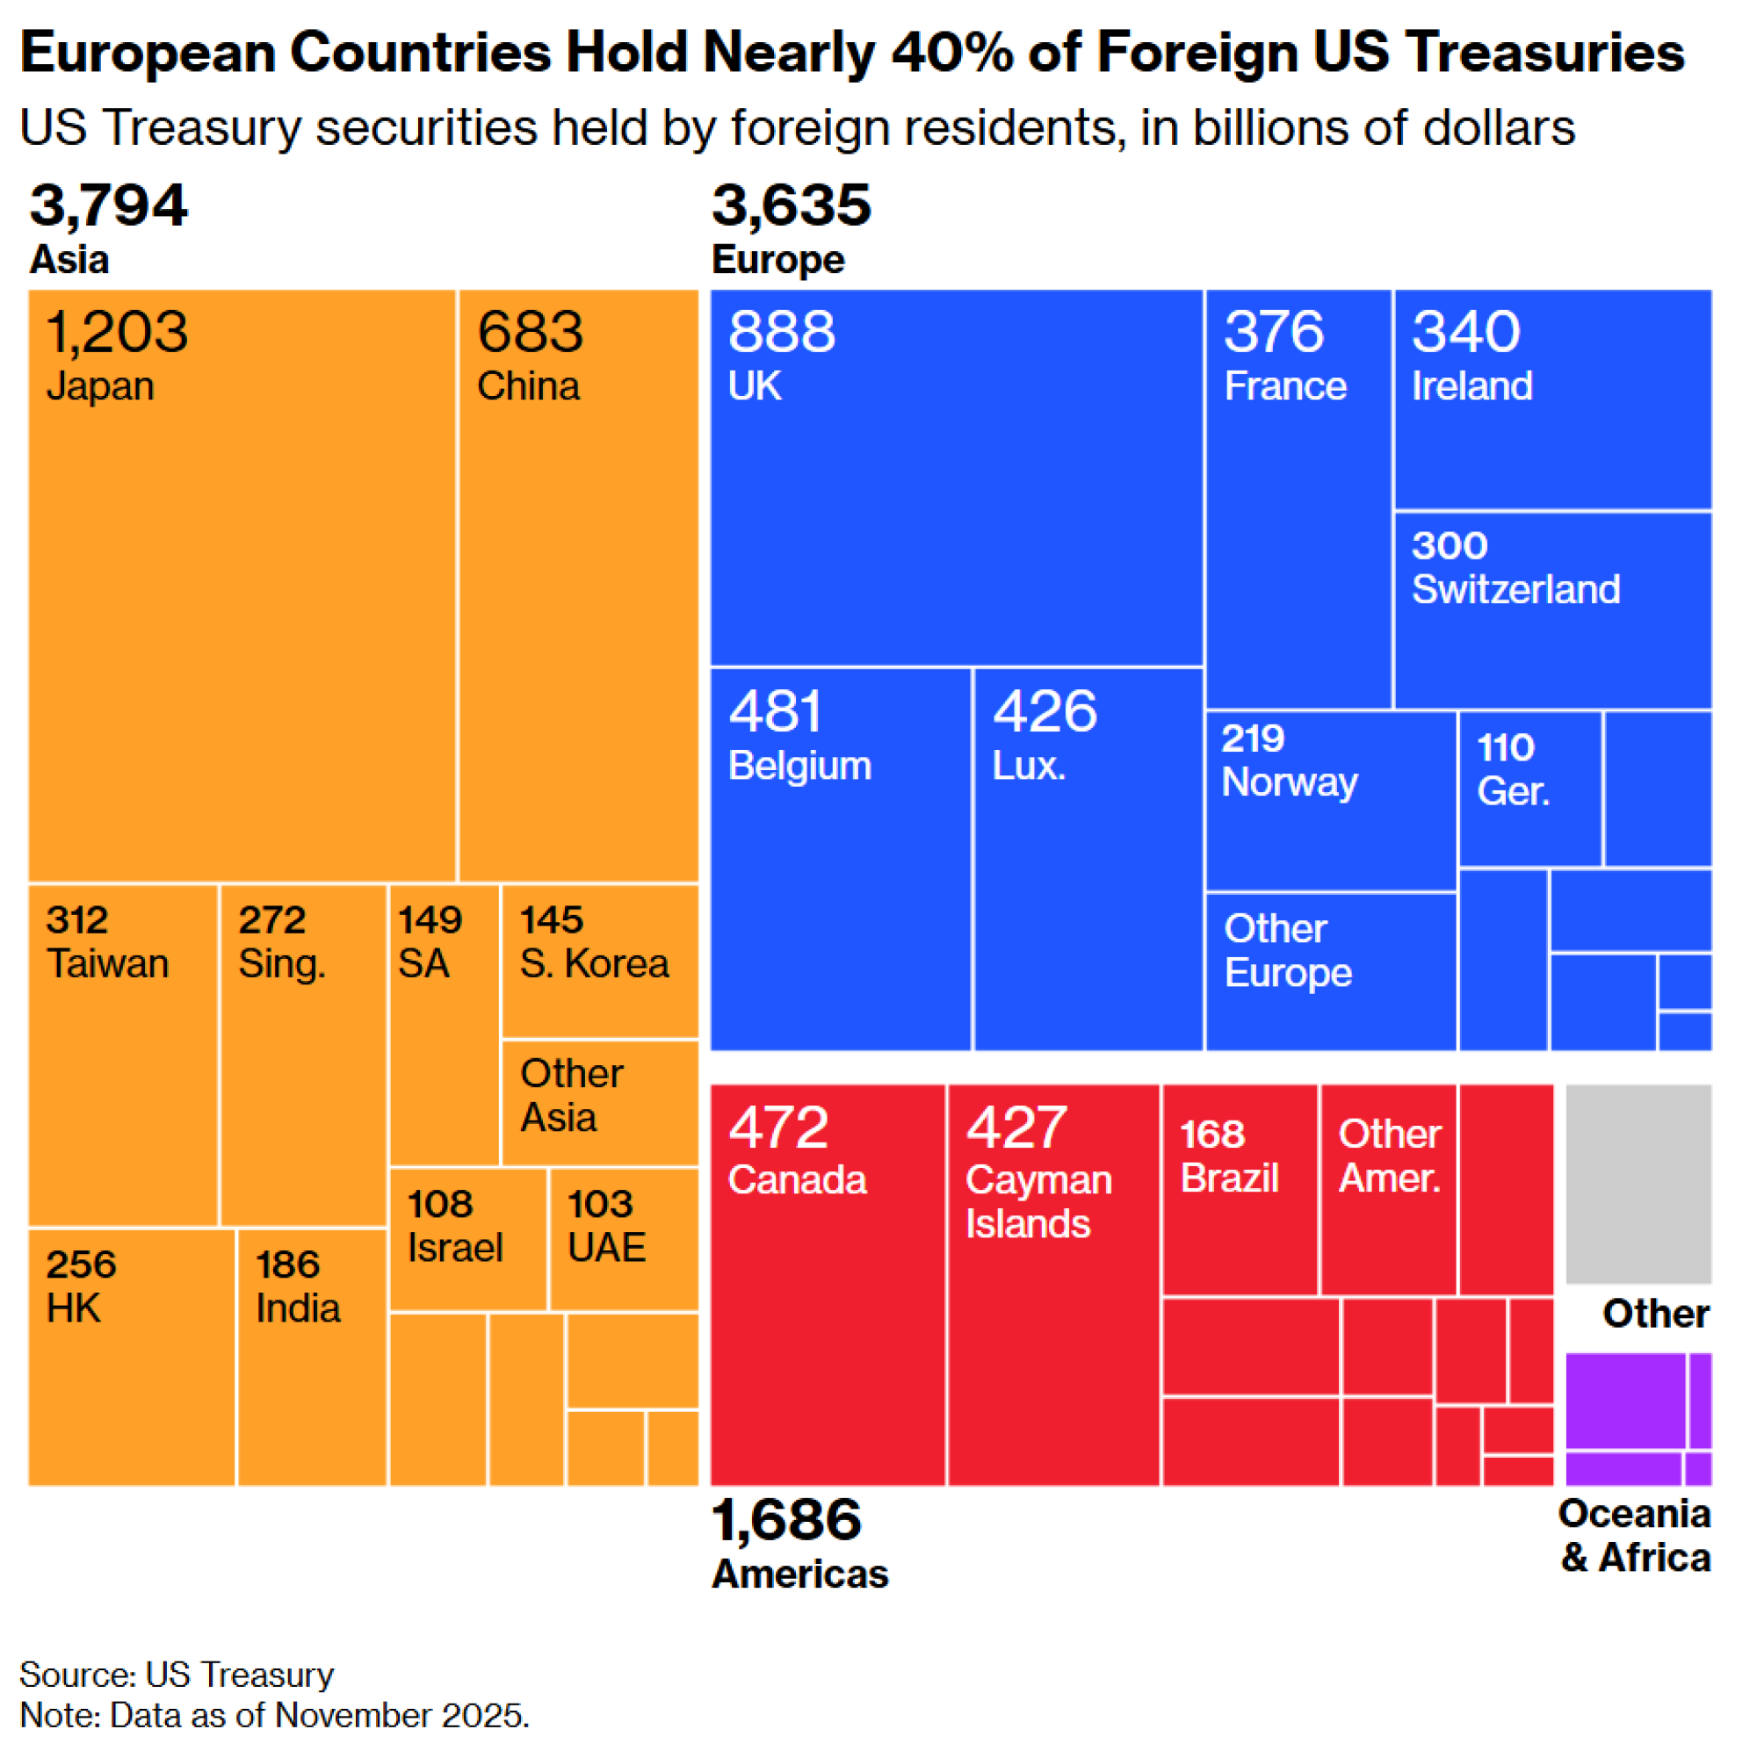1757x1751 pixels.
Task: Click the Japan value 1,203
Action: [118, 331]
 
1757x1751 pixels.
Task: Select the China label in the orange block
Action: [528, 386]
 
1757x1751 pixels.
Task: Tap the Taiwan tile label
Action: [108, 963]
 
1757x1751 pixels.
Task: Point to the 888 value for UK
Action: [781, 331]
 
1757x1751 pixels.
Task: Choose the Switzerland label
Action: [1515, 589]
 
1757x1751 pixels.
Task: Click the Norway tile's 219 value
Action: [1252, 739]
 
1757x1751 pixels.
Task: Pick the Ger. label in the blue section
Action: [1513, 791]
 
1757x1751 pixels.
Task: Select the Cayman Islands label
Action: [1038, 1202]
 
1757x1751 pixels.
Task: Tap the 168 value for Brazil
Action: [1212, 1135]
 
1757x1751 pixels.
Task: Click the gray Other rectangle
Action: [1638, 1183]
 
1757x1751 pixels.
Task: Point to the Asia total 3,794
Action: [108, 205]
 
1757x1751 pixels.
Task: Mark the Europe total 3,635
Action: [792, 205]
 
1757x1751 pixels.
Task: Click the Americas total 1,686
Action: [786, 1519]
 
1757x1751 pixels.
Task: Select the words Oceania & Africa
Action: [1635, 1536]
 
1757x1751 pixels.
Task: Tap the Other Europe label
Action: [1288, 951]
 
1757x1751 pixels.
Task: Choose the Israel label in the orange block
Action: [455, 1247]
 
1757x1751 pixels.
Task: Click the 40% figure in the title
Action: [951, 52]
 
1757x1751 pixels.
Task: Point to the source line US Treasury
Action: [239, 1674]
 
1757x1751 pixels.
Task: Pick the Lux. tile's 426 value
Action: [1045, 710]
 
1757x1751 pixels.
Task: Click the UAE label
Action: [606, 1247]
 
